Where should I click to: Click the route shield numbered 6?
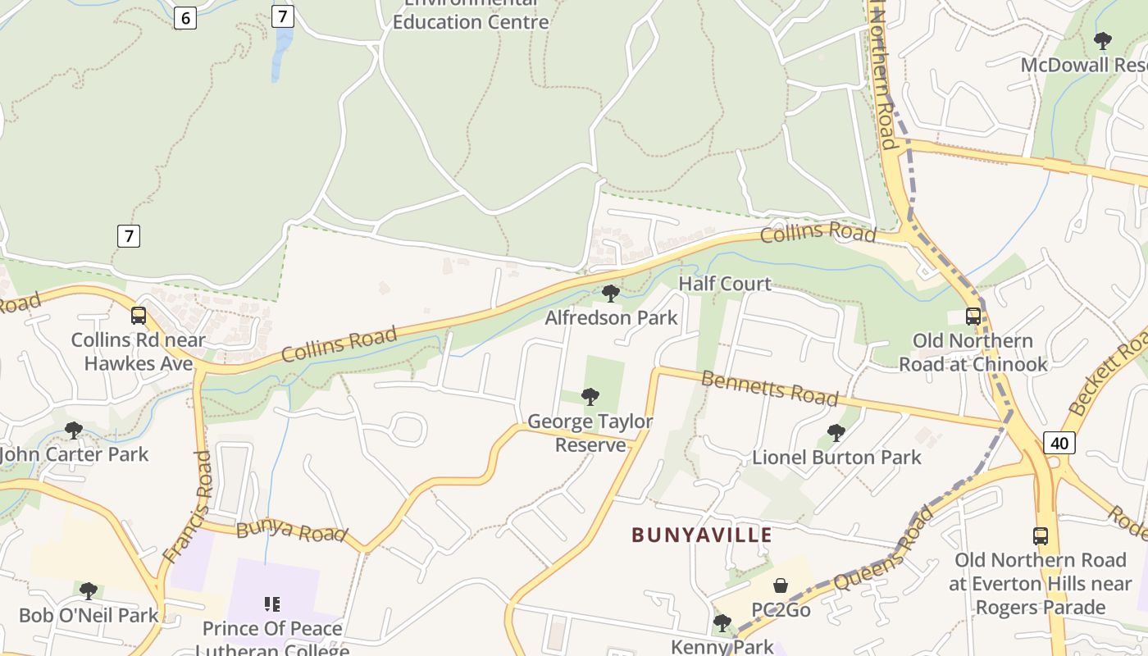(x=184, y=17)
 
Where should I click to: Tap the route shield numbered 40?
(x=1059, y=443)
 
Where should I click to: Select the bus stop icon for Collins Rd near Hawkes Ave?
(x=139, y=316)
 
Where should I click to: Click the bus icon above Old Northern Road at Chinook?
(x=973, y=316)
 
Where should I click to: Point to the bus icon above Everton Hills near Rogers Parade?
(x=1041, y=536)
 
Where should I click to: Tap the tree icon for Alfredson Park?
(x=610, y=293)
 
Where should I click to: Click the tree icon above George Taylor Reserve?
(x=590, y=397)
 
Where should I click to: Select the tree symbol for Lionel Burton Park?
(x=836, y=432)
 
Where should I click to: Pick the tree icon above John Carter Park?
(x=74, y=430)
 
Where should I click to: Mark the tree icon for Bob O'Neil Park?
(x=89, y=590)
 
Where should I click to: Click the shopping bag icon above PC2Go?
(x=781, y=585)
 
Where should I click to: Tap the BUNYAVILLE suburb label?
(x=702, y=535)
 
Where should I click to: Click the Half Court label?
(x=725, y=284)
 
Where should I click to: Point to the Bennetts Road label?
(x=770, y=388)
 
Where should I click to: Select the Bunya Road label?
(x=290, y=531)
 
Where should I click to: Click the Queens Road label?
(x=883, y=548)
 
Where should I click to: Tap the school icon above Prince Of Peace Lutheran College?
(x=272, y=604)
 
